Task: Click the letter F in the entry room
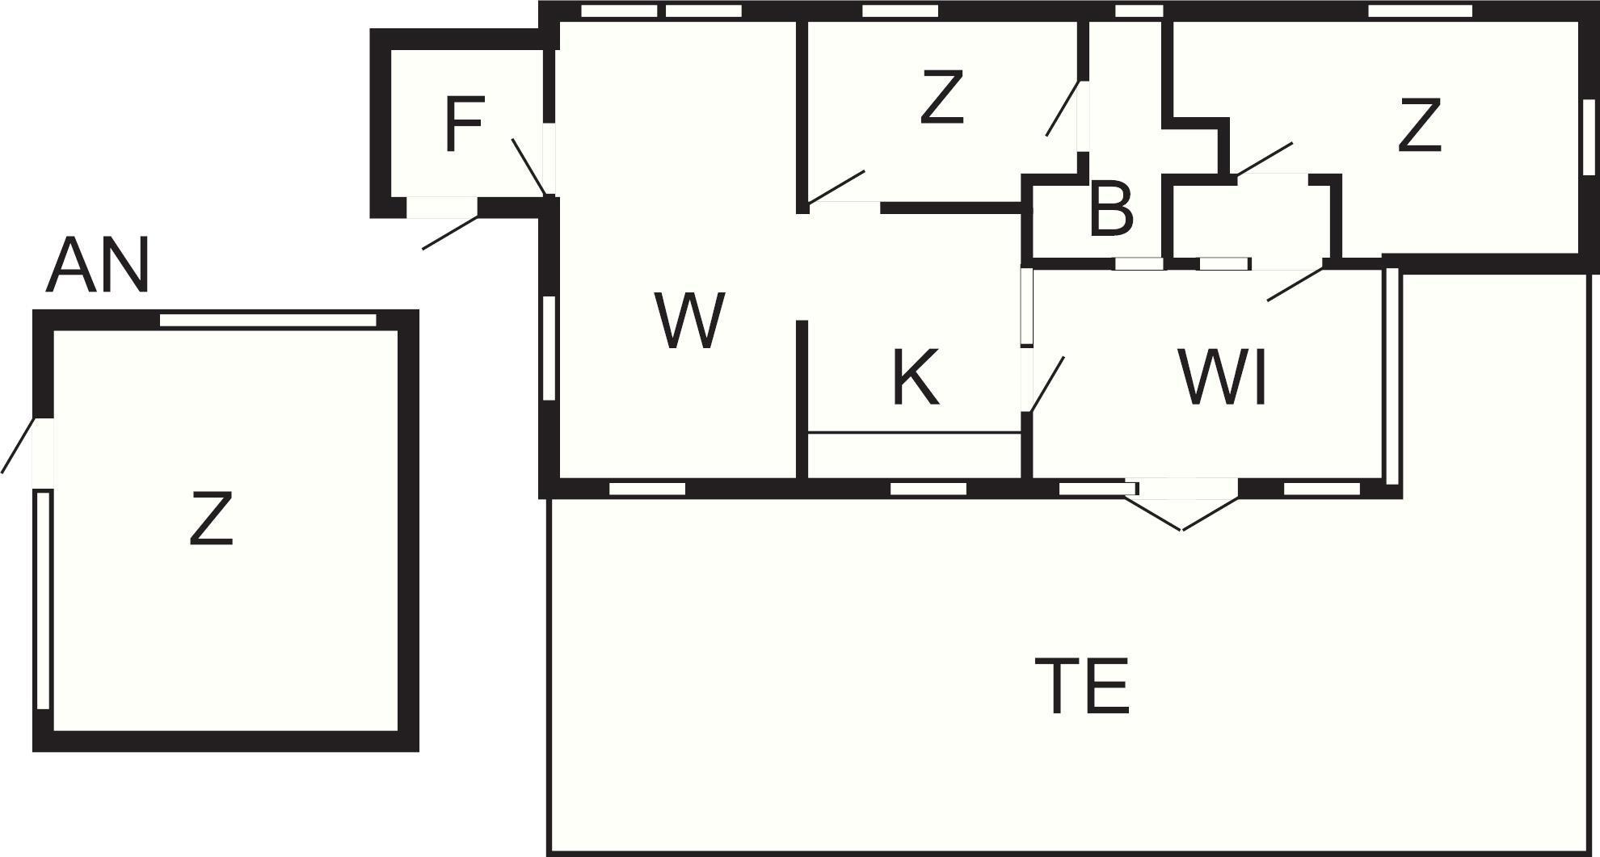tap(465, 124)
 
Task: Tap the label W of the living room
tap(688, 321)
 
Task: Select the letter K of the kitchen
tap(916, 377)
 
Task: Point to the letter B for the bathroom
tap(1111, 210)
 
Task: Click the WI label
tap(1223, 377)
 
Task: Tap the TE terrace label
tap(1083, 687)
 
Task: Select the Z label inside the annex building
tap(212, 519)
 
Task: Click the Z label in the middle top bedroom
tap(942, 98)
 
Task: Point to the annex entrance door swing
tap(18, 444)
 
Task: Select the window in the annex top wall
tap(267, 321)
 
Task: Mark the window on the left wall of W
tap(549, 347)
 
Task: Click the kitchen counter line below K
tap(915, 433)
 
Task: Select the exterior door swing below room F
tap(450, 232)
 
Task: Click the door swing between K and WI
tap(1046, 384)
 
